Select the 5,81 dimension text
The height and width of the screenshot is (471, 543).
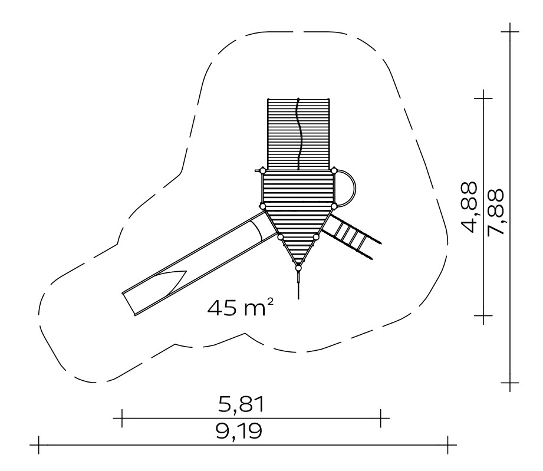pyautogui.click(x=241, y=404)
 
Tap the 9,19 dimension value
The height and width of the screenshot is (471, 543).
pyautogui.click(x=239, y=431)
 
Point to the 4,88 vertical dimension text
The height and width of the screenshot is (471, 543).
pyautogui.click(x=469, y=207)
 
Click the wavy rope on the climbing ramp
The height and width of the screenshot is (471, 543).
pyautogui.click(x=298, y=134)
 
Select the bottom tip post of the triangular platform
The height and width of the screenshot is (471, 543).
pyautogui.click(x=298, y=268)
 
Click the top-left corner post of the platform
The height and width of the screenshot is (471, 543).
pyautogui.click(x=262, y=170)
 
